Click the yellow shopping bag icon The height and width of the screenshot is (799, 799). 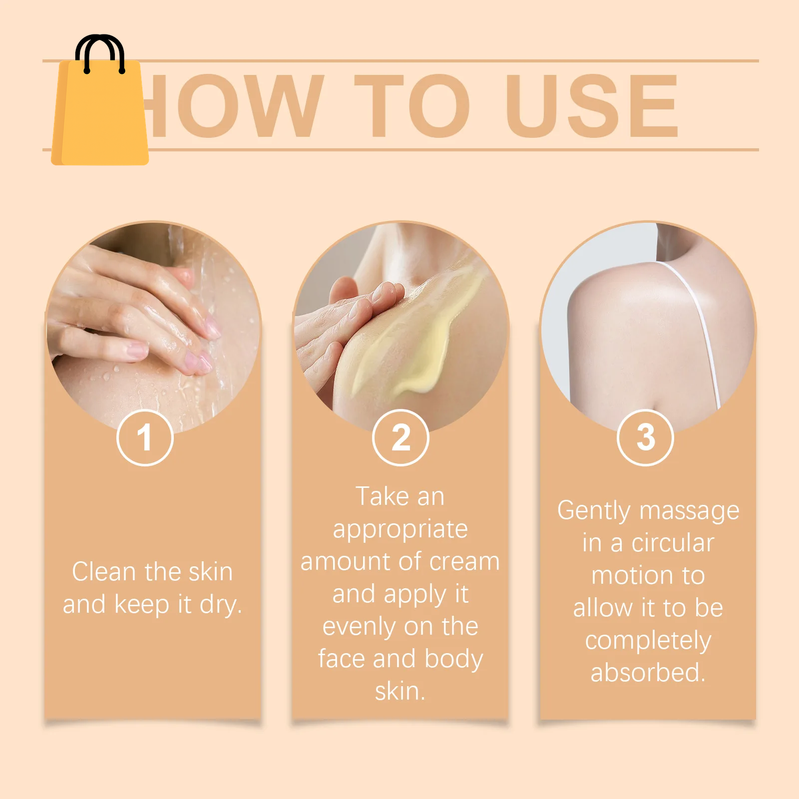click(x=100, y=115)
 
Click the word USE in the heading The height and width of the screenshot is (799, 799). click(x=592, y=106)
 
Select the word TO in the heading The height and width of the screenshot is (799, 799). click(x=412, y=106)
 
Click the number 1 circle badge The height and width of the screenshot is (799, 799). click(x=145, y=437)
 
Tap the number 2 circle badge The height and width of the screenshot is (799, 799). click(x=400, y=437)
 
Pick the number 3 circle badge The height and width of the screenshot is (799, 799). click(x=645, y=437)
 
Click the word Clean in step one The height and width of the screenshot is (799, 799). click(x=103, y=572)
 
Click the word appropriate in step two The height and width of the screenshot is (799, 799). click(x=400, y=529)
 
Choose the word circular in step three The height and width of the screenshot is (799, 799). click(x=673, y=543)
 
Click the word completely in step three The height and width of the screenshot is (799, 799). click(x=648, y=641)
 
